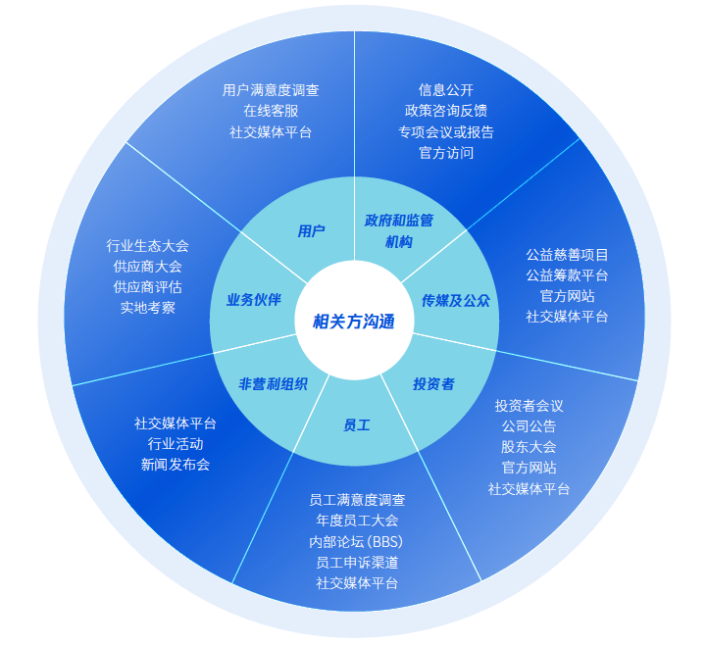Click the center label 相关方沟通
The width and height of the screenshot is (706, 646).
(x=353, y=322)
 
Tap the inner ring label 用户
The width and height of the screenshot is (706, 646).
(x=311, y=231)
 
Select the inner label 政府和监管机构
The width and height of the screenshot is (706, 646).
(x=399, y=231)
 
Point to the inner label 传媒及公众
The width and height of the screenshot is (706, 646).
(x=456, y=300)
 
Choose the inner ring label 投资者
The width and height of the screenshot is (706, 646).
(x=434, y=384)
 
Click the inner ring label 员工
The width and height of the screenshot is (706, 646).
(x=357, y=425)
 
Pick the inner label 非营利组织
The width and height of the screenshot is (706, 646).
(x=273, y=384)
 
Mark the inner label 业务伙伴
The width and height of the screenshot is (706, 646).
(x=254, y=299)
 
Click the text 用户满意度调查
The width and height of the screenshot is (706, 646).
(x=271, y=90)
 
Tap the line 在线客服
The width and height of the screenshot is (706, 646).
(x=271, y=111)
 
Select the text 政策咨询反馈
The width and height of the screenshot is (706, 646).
(x=446, y=111)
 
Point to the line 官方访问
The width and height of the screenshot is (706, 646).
(x=446, y=153)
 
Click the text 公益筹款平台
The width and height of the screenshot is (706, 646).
(x=567, y=275)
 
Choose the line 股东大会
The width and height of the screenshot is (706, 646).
(x=529, y=447)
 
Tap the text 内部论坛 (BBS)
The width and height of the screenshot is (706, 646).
(x=356, y=541)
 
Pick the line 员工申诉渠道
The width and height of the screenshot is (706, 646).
(x=357, y=563)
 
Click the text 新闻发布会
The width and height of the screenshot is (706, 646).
(x=176, y=465)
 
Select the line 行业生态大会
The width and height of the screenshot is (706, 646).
(x=147, y=246)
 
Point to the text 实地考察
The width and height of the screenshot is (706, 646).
(x=147, y=308)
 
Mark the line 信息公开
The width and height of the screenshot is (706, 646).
(x=446, y=90)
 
